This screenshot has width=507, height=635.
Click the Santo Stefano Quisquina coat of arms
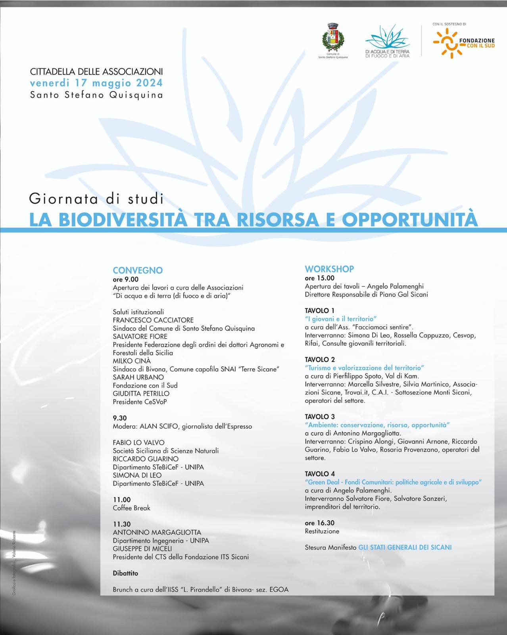coord(332,38)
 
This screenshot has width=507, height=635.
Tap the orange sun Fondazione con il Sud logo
coord(447,43)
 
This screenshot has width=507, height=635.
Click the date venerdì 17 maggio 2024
coord(96,83)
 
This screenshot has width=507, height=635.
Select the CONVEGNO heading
coord(138,270)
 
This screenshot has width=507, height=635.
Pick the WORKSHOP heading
coord(329,269)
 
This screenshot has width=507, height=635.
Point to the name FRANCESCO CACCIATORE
coord(153,320)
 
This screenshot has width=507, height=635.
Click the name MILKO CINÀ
coord(132,361)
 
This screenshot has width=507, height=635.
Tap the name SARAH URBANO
coord(138,377)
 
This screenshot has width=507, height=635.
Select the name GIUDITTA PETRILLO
coord(141,393)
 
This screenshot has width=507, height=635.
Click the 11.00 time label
coord(121,500)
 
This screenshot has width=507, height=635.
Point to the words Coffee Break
coord(131,508)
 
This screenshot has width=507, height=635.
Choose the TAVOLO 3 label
coord(320,417)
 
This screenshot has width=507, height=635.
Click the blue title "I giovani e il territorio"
coord(340,319)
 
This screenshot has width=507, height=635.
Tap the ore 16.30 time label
coord(319,523)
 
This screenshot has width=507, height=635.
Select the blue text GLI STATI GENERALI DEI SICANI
coord(405,547)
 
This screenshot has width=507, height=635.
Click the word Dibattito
coord(125,573)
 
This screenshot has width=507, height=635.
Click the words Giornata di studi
coord(96,198)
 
